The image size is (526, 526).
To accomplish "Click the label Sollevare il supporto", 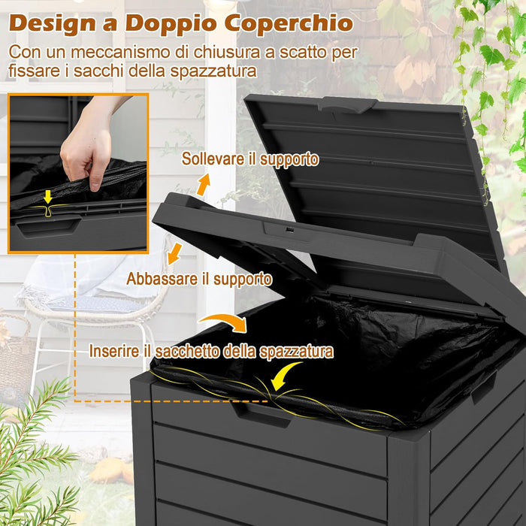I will (x=250, y=159).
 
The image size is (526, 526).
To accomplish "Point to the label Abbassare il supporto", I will (x=199, y=279).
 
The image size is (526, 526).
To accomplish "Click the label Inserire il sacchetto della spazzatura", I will (x=211, y=351).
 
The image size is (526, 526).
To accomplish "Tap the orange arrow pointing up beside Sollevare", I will (x=204, y=183).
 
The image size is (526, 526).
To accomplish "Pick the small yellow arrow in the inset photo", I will (x=47, y=198).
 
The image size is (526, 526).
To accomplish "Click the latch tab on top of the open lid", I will (x=347, y=104).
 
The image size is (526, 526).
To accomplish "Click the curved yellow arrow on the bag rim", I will (x=286, y=373).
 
